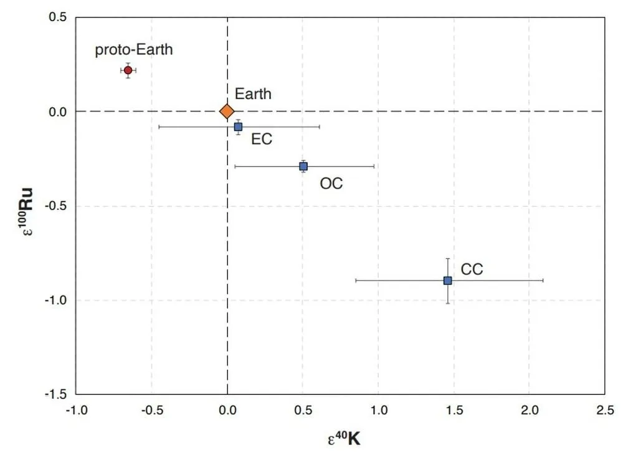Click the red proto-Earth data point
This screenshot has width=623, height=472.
click(128, 70)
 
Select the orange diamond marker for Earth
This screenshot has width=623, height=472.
click(227, 111)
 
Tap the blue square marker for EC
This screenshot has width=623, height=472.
click(238, 126)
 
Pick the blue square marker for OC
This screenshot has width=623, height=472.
click(303, 166)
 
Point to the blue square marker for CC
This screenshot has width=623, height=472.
click(447, 280)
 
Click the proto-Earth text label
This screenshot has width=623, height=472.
click(133, 50)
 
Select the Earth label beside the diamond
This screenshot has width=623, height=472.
click(253, 94)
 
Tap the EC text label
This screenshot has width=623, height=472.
click(262, 139)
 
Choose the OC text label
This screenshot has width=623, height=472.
click(331, 184)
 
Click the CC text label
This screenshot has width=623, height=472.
click(472, 270)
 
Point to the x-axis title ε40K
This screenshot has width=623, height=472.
click(344, 439)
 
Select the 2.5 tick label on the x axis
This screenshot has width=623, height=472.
click(604, 410)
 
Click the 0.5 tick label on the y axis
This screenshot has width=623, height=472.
click(58, 17)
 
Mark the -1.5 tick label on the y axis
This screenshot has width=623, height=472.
click(56, 395)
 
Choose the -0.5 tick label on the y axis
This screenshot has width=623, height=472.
click(56, 206)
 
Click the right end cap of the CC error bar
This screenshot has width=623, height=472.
click(543, 280)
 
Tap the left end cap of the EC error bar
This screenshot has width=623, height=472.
click(159, 126)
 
